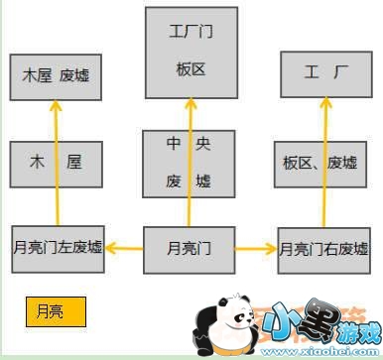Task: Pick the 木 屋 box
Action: click(x=55, y=163)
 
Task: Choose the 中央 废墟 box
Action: click(x=190, y=163)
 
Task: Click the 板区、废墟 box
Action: click(x=324, y=163)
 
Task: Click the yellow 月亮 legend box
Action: click(x=55, y=309)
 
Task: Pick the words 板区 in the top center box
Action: click(x=191, y=69)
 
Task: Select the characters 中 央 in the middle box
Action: click(x=190, y=145)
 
